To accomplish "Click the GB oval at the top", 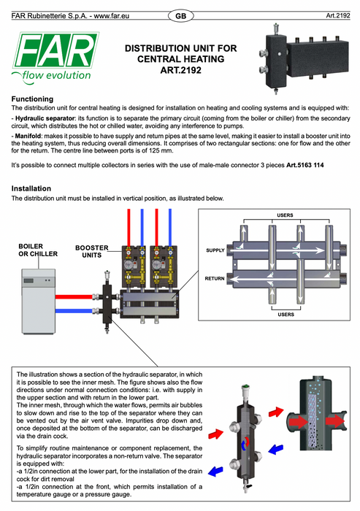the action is [x=180, y=16].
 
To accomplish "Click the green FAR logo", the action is [x=56, y=50].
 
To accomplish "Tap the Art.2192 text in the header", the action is [x=338, y=15].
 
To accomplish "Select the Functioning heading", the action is [x=32, y=99].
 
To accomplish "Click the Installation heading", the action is [x=31, y=188].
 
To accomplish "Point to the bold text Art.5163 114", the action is [x=305, y=165].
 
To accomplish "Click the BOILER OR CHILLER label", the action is [x=38, y=250].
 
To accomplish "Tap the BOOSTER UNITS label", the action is [x=91, y=251].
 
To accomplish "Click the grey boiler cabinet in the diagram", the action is [x=39, y=301].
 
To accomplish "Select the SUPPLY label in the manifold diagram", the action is [x=215, y=250].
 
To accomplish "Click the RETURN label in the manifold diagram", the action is [x=215, y=278].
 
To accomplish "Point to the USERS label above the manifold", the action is [x=285, y=215].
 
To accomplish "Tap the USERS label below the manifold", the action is [x=286, y=315].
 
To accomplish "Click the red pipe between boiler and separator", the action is [x=74, y=297].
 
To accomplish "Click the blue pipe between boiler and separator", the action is [x=74, y=311].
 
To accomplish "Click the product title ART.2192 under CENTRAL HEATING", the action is [x=180, y=70].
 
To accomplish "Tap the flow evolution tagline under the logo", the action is [x=56, y=76].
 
